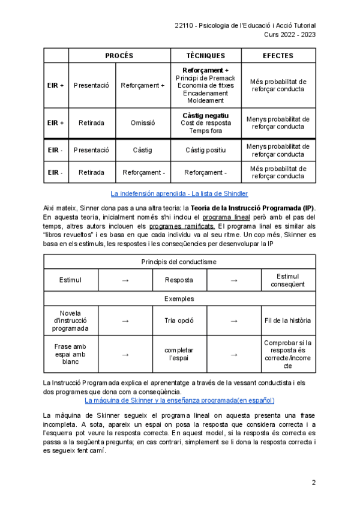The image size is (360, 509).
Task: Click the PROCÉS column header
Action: [119, 56]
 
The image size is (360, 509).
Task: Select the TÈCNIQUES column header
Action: [206, 56]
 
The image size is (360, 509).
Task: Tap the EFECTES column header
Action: [278, 56]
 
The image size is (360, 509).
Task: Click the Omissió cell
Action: [142, 123]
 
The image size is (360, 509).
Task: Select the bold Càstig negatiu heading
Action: [206, 115]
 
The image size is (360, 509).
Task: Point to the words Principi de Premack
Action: [206, 79]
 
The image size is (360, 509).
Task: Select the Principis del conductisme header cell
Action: [179, 262]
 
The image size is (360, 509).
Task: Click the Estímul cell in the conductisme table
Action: [71, 280]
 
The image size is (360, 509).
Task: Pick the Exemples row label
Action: [179, 298]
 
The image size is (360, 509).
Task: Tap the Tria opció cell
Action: [179, 321]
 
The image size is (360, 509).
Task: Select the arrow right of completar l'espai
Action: [234, 354]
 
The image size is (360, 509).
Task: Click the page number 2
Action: [313, 484]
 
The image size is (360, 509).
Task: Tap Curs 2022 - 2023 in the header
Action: [290, 34]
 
